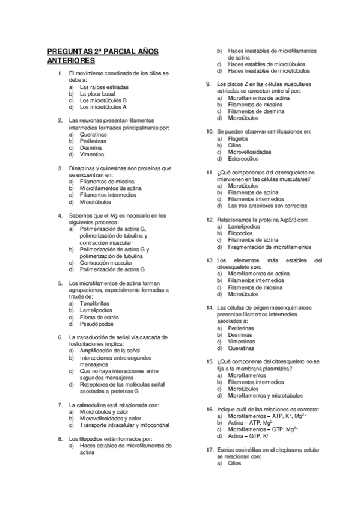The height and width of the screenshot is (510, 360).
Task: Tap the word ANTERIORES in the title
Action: click(71, 61)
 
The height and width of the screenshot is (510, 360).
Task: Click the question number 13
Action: click(209, 260)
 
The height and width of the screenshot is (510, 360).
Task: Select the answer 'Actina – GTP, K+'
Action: click(248, 436)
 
